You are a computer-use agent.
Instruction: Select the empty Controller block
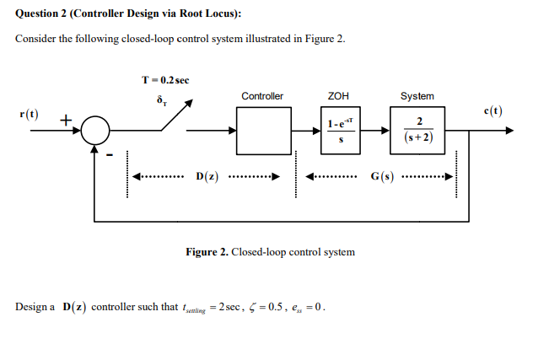click(261, 132)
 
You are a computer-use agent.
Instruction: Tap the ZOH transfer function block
click(341, 132)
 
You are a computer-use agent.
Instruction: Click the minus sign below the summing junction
click(107, 154)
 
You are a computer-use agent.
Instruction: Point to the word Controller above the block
click(262, 96)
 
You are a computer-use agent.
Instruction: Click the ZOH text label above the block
click(340, 96)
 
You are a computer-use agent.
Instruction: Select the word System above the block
click(417, 96)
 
